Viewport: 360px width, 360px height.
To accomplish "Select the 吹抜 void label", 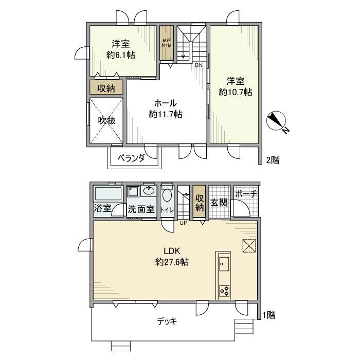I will pyautogui.click(x=106, y=121).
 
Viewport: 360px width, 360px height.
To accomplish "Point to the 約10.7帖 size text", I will pyautogui.click(x=235, y=93).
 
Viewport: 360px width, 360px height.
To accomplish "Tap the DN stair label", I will pyautogui.click(x=199, y=65).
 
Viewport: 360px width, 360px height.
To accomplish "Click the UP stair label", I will pyautogui.click(x=184, y=223).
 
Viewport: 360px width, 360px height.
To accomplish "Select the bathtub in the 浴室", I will pyautogui.click(x=108, y=194).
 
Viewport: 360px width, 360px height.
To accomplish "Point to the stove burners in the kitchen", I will pyautogui.click(x=224, y=291).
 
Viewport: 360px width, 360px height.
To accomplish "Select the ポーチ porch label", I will pyautogui.click(x=245, y=194).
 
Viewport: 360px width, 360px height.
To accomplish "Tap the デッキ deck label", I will pyautogui.click(x=167, y=321).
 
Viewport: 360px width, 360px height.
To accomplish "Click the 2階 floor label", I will pyautogui.click(x=273, y=160).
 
